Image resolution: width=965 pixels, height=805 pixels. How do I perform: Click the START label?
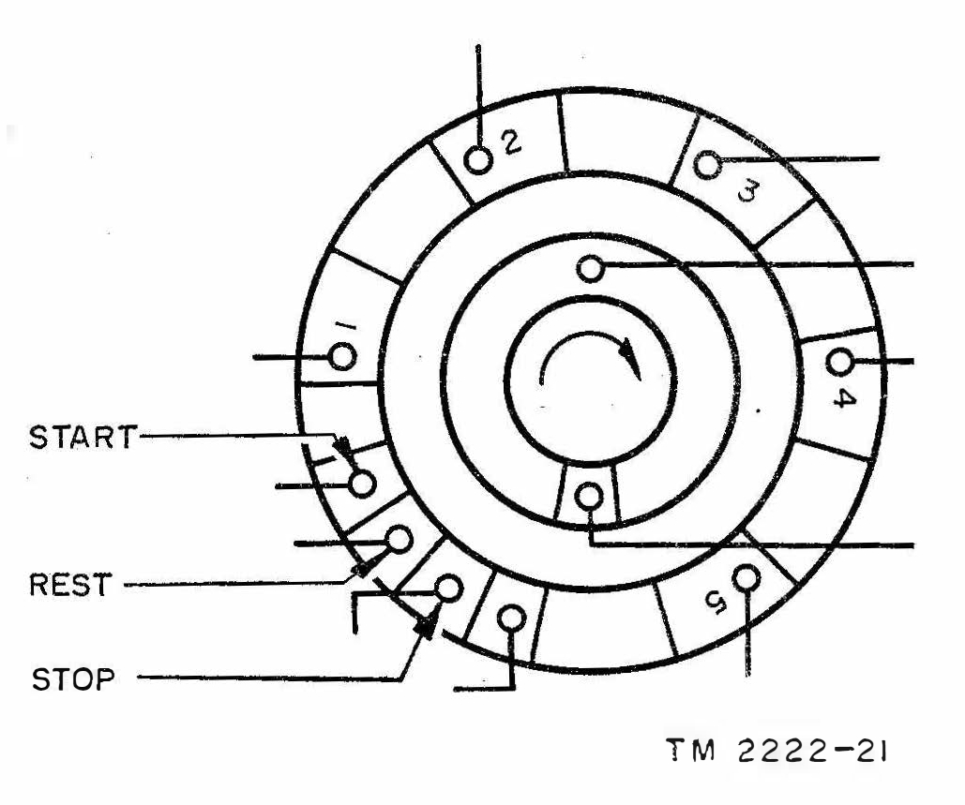tap(83, 437)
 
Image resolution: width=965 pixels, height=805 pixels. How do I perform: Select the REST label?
tap(70, 584)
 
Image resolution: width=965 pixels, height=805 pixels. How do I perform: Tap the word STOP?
tap(73, 678)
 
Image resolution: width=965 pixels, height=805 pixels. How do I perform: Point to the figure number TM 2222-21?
tap(777, 751)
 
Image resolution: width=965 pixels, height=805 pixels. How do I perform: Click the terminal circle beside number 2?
tap(478, 160)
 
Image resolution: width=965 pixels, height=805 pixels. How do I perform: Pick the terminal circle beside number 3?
tap(707, 164)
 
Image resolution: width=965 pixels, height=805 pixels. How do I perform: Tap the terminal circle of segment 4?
tap(838, 363)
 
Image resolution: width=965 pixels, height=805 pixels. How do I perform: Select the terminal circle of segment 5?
tap(746, 577)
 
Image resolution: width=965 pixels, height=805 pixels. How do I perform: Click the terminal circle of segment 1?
tap(342, 356)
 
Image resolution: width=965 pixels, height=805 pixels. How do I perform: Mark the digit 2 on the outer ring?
tap(511, 142)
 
